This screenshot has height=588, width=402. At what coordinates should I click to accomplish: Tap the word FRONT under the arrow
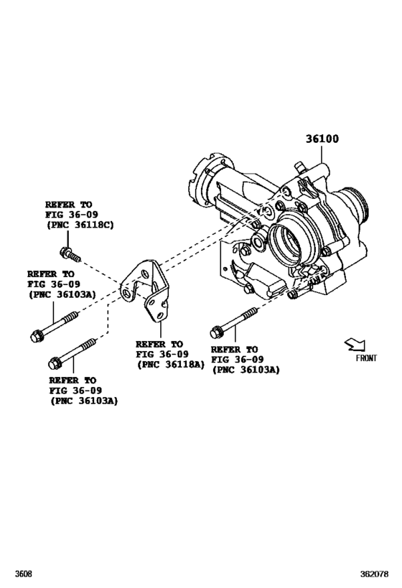pyautogui.click(x=365, y=357)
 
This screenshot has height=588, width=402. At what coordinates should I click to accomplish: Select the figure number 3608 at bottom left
pyautogui.click(x=22, y=574)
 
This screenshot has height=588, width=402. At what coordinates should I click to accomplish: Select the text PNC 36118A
pyautogui.click(x=171, y=365)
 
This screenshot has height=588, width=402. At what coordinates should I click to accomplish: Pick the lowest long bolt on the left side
pyautogui.click(x=72, y=352)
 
